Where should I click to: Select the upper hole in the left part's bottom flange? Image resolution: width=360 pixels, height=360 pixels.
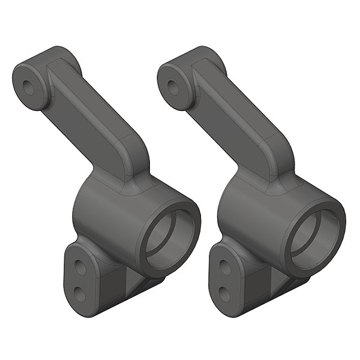(80, 268)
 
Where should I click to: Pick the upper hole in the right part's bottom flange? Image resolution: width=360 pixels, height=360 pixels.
(226, 268)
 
